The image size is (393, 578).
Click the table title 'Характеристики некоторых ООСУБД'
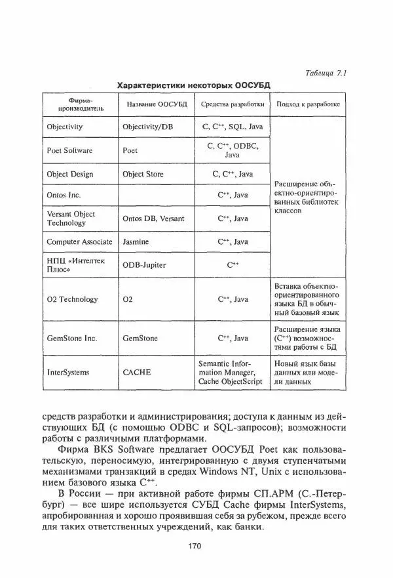(193, 85)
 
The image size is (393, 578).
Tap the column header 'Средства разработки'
(233, 104)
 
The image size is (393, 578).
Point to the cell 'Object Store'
(143, 175)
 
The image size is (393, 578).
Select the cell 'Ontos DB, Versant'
(153, 218)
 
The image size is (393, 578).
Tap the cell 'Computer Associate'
(79, 242)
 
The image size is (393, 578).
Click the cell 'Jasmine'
(136, 242)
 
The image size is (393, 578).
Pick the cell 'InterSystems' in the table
(68, 372)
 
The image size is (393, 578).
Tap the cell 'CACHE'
(137, 372)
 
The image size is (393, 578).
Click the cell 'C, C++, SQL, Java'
(233, 127)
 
